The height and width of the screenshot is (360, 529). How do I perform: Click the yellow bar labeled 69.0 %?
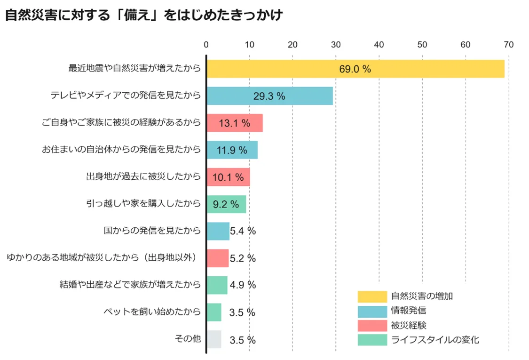355,69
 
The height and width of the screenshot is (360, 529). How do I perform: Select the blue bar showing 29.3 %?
269,96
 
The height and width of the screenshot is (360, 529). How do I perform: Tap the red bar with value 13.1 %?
234,123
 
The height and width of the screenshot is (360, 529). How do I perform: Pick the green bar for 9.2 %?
226,204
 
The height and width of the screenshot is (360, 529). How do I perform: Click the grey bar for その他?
214,339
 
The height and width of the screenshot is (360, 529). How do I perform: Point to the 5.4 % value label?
243,231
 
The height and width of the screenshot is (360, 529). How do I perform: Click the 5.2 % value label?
243,258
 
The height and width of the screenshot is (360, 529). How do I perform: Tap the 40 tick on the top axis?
379,45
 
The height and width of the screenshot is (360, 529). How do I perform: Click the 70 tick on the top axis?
508,45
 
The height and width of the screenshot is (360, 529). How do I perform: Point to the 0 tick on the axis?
206,45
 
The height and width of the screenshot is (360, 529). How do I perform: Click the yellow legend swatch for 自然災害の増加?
371,296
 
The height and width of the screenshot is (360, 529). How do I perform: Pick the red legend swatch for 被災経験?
371,325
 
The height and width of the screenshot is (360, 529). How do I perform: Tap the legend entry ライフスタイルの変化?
435,340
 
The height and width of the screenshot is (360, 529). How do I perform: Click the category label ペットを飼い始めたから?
152,312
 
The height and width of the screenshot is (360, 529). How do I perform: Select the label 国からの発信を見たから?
152,231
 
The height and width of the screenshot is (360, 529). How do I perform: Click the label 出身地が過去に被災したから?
143,177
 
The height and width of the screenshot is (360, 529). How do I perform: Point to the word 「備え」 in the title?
142,15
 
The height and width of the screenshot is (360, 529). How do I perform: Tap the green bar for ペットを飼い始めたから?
214,312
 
